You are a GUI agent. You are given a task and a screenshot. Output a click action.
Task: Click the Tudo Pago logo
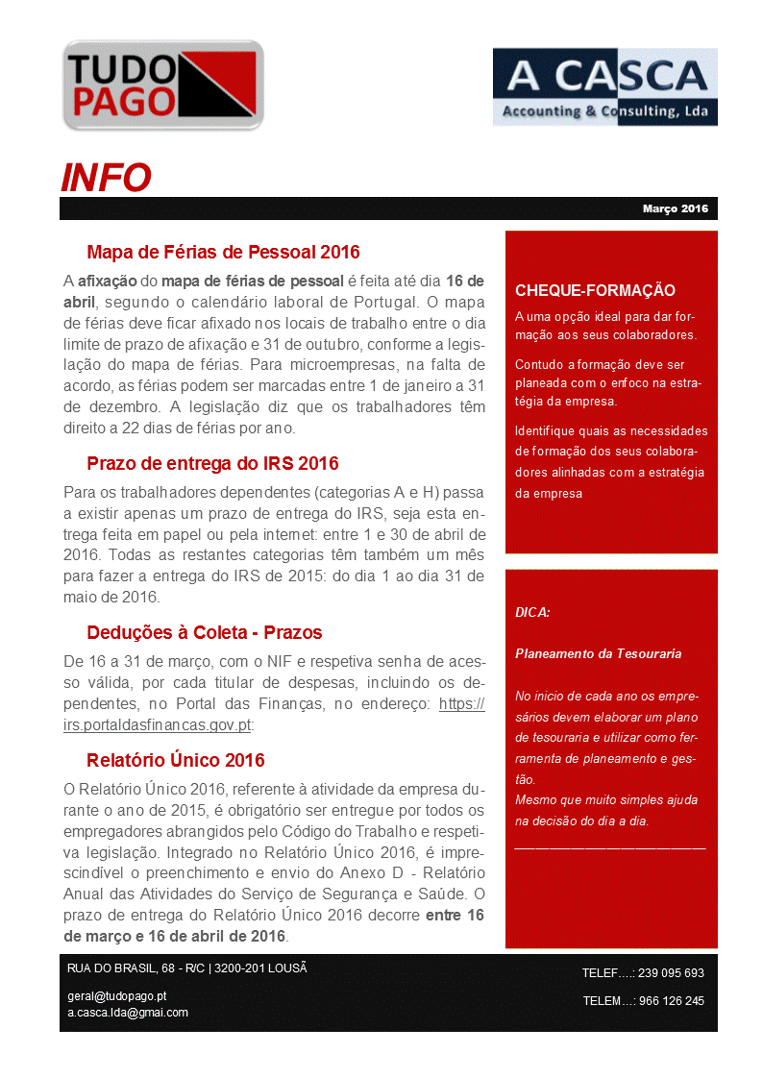(162, 86)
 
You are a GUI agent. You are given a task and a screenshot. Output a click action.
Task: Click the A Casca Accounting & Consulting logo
(604, 86)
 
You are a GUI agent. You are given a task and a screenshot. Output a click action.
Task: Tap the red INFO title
(106, 178)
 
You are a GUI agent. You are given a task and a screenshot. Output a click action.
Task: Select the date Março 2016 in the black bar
(675, 208)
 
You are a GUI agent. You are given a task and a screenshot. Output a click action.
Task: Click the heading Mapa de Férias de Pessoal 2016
(223, 253)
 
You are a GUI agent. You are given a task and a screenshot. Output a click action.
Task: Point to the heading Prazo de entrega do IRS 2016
(212, 464)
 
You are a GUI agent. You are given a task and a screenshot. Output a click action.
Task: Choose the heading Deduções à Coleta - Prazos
(204, 633)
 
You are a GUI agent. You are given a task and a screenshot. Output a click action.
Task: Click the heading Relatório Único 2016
(175, 761)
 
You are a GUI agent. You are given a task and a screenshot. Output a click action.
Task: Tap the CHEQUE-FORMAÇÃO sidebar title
(595, 291)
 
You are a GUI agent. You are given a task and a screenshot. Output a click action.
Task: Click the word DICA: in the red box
(532, 612)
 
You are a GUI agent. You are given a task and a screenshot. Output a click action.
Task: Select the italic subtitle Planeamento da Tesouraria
(598, 653)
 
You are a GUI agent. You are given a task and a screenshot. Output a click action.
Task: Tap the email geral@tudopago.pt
(117, 996)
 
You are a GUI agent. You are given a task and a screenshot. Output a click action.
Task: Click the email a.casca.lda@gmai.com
(128, 1013)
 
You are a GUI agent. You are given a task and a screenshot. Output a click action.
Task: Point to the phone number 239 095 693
(671, 973)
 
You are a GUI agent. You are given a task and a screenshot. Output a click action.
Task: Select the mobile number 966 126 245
(671, 1001)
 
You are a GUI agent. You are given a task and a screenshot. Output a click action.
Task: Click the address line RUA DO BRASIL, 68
(186, 968)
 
